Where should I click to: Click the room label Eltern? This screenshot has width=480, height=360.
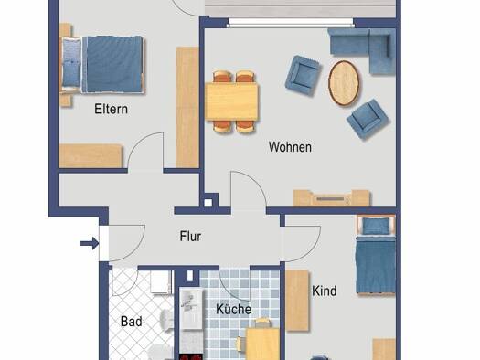pos(110,110)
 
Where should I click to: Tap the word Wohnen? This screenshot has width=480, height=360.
pos(290,147)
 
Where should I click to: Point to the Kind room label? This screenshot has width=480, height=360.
pos(325,291)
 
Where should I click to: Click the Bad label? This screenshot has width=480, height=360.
pos(131,322)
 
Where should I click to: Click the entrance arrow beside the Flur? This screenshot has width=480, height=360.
pos(88,243)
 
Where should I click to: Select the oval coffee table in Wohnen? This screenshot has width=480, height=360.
pos(345,79)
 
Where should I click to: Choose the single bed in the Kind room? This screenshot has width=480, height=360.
pos(375,259)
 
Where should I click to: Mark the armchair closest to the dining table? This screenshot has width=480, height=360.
pos(304,75)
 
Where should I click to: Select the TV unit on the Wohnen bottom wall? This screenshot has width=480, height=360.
pos(331,196)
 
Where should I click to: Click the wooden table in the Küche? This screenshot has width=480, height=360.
pos(262,344)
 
